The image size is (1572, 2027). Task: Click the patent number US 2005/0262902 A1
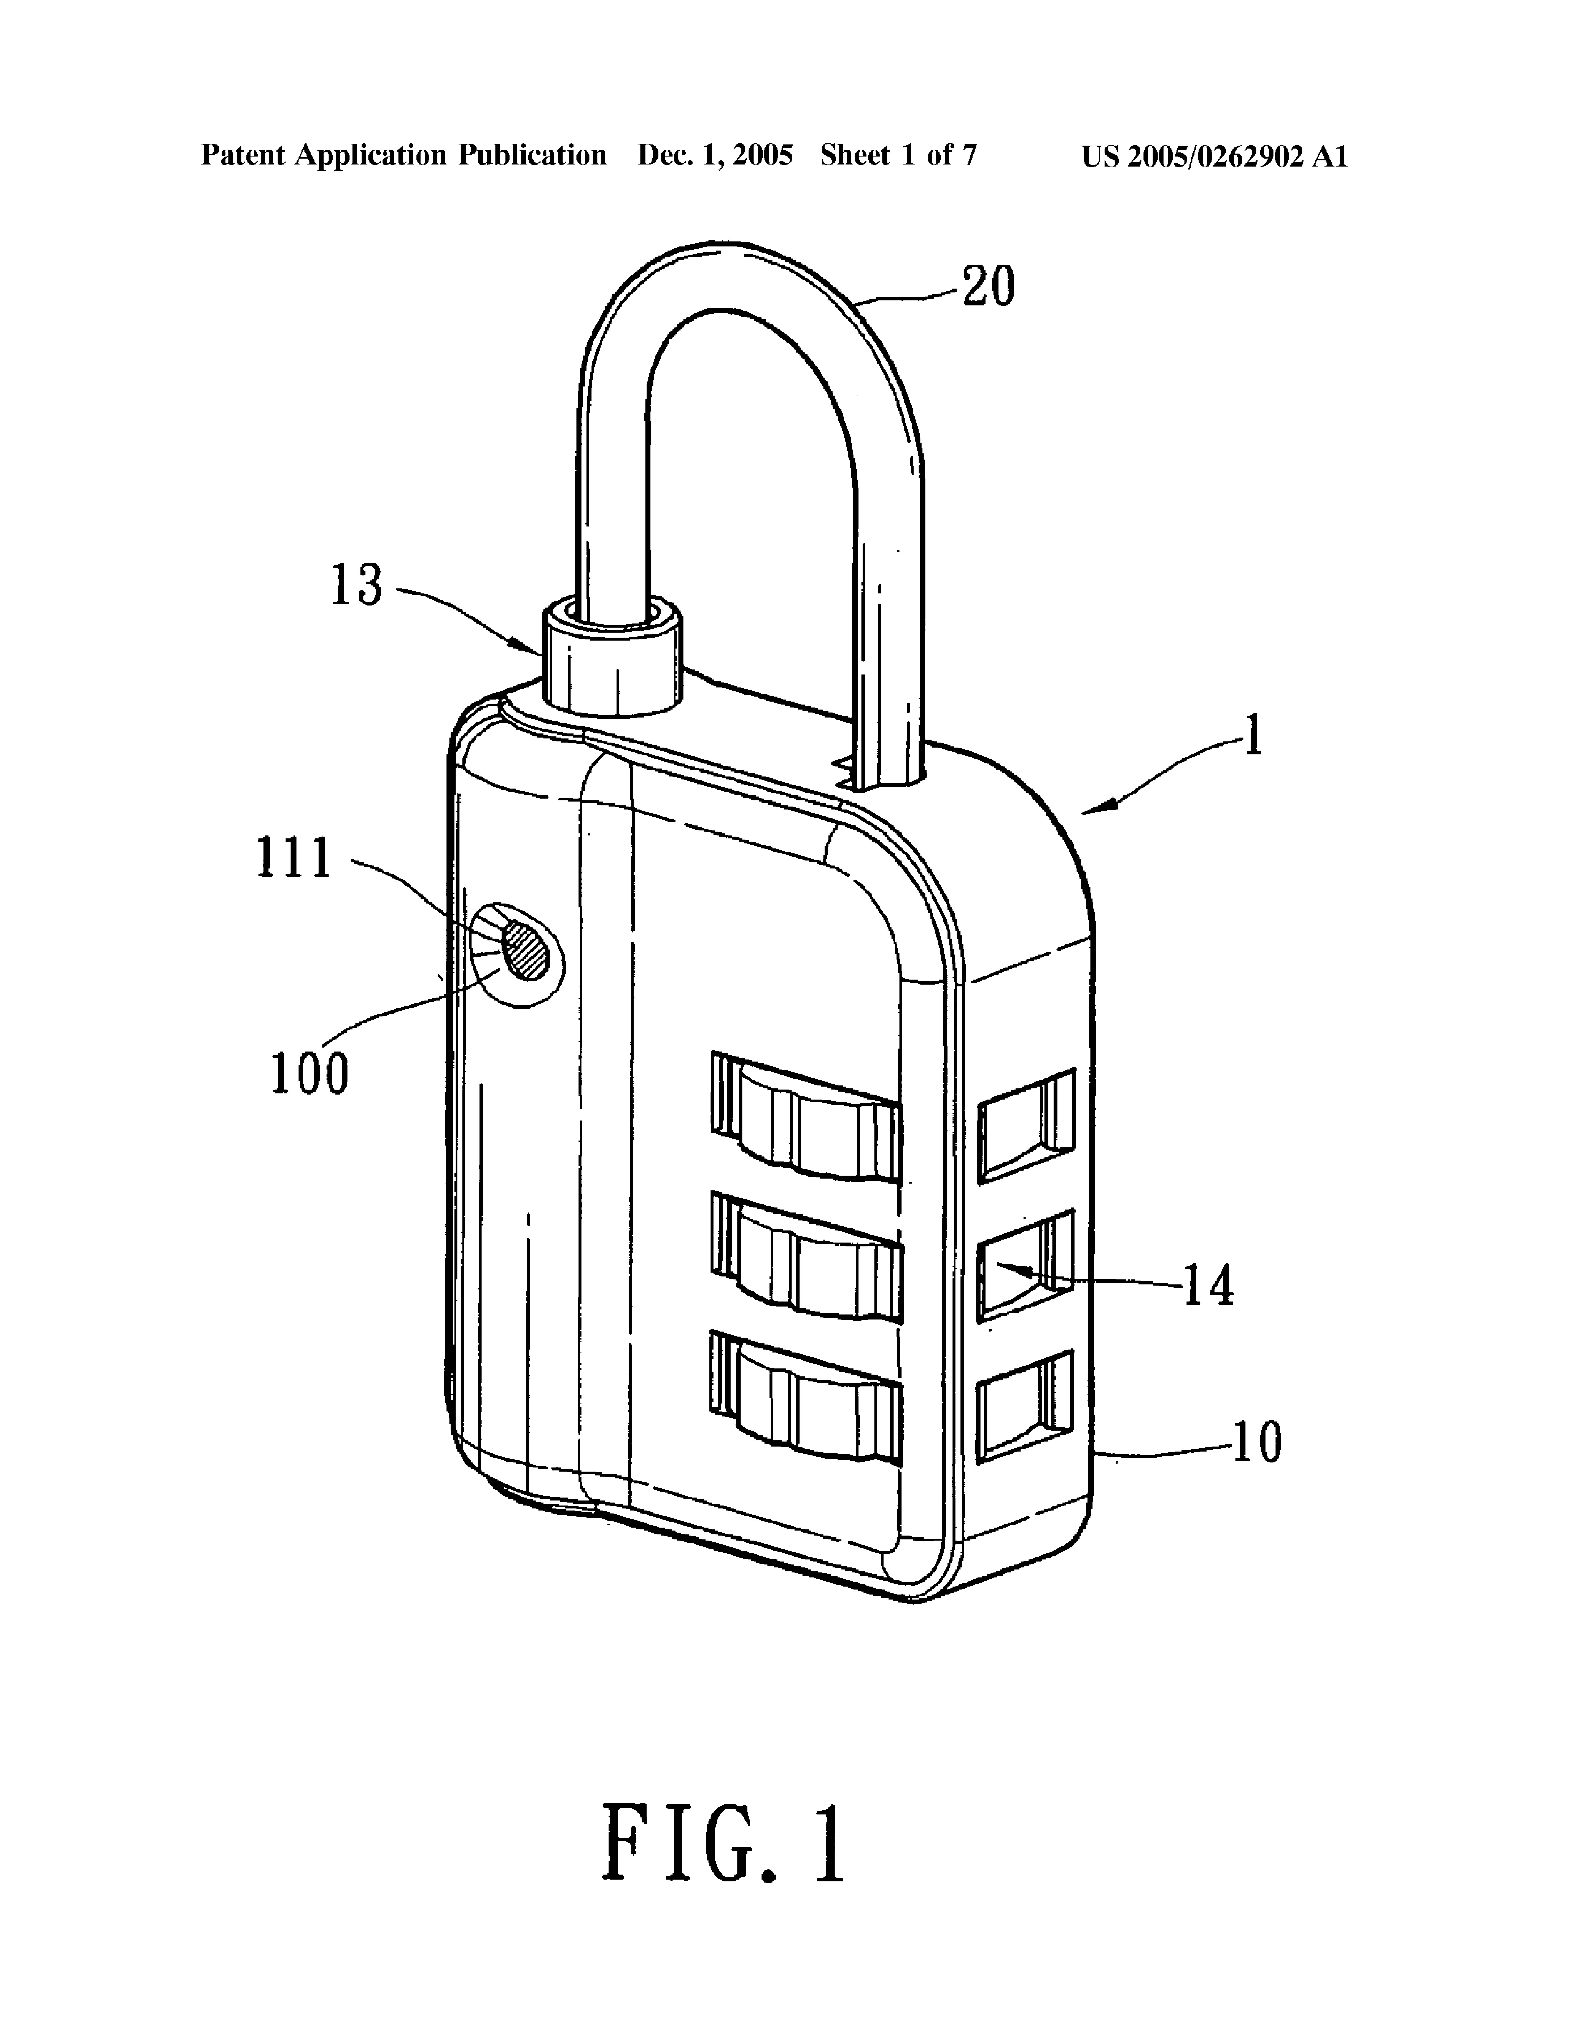[x=1214, y=156]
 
